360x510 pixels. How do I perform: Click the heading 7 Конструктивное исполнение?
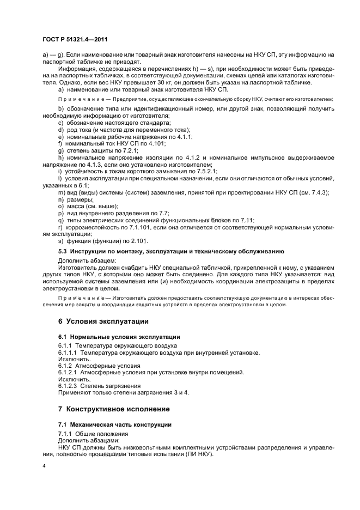click(114, 409)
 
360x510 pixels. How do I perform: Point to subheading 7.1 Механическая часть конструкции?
click(114, 424)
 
